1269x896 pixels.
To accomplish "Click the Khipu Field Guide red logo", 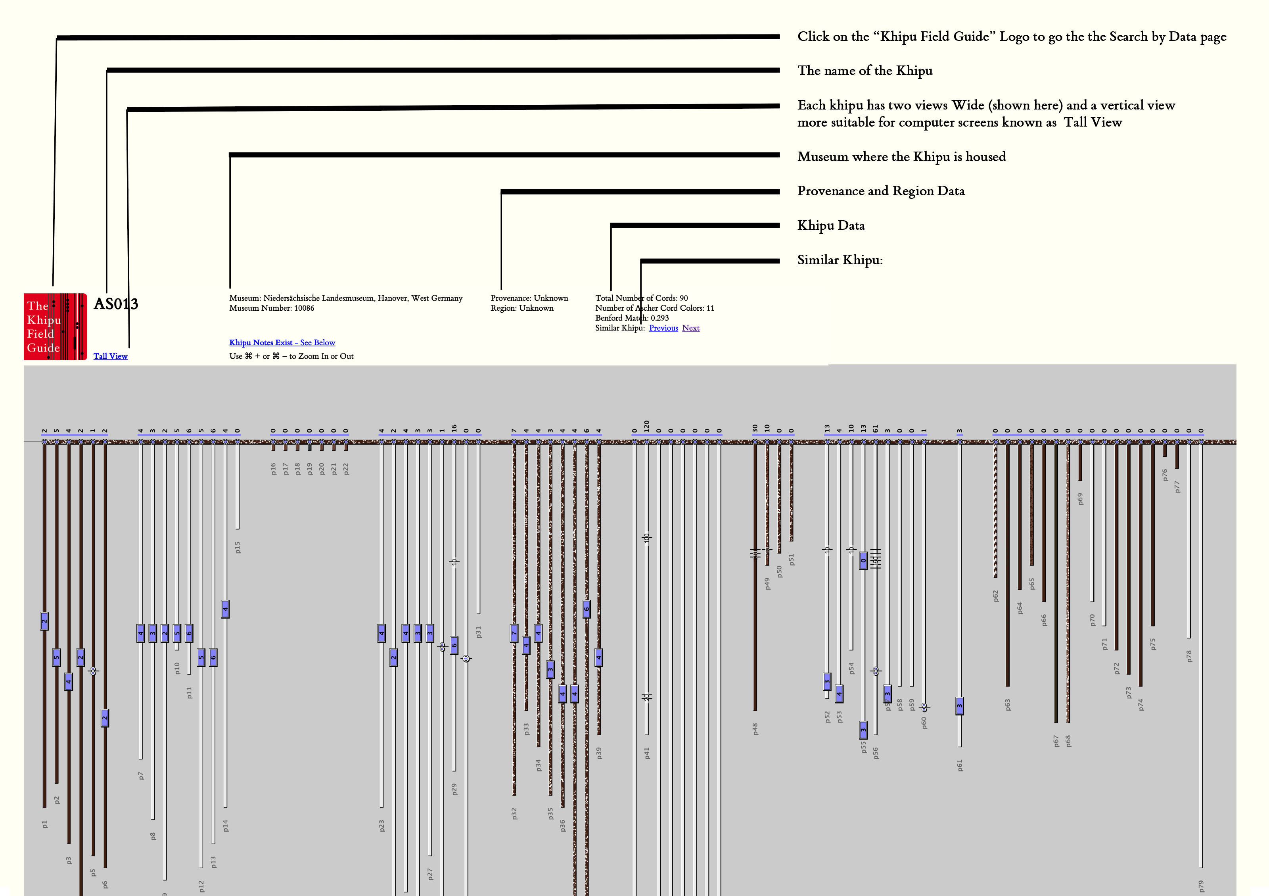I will click(55, 327).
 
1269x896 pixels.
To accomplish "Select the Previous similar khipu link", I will click(663, 328).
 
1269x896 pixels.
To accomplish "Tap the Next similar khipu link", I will click(690, 328).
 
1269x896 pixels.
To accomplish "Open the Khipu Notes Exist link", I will click(282, 343).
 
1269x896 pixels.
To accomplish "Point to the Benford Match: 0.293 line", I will click(632, 318).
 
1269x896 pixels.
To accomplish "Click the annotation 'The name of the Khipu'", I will click(865, 71).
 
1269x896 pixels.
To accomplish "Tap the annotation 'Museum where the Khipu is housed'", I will click(901, 156).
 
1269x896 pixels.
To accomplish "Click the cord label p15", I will click(238, 547).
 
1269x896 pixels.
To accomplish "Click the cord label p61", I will click(960, 765).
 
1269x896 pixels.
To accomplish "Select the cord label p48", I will click(755, 729).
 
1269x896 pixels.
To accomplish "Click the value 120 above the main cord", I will click(647, 426).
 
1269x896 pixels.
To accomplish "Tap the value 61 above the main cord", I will click(876, 428).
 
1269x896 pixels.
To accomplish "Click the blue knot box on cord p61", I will click(960, 706).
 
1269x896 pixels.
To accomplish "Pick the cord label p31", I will click(479, 632).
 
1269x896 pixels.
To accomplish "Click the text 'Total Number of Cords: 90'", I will click(641, 298).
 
